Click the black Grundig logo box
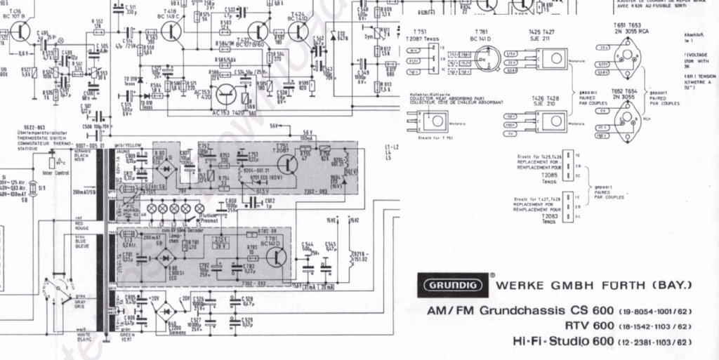click(x=449, y=285)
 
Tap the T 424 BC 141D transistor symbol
click(x=298, y=32)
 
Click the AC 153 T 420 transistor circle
click(x=227, y=95)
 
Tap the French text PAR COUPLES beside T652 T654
click(x=664, y=103)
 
